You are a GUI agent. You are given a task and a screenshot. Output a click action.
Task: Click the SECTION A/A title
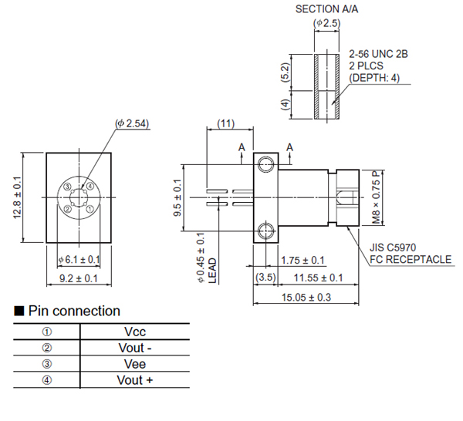[x=329, y=9]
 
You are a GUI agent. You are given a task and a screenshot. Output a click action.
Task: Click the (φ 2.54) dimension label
[x=131, y=123]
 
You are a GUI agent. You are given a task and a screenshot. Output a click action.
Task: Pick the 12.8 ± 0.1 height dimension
[x=17, y=196]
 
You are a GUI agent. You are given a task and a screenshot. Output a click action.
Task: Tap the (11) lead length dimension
[x=225, y=123]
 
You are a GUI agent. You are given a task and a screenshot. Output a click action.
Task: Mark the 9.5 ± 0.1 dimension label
[x=178, y=197]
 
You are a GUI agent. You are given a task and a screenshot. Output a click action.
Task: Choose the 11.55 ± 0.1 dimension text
[x=316, y=278]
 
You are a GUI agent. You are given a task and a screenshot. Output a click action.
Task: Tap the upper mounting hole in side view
[x=266, y=163]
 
